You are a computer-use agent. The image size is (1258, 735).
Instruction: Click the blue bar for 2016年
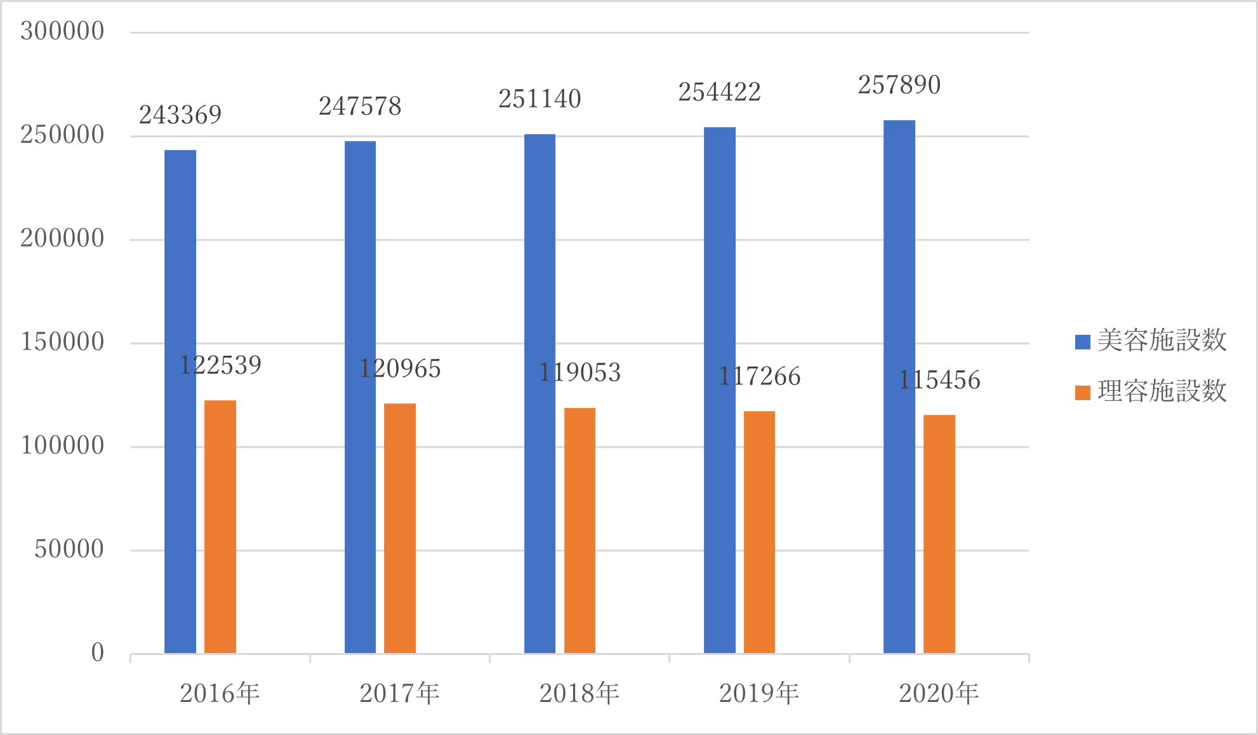click(180, 401)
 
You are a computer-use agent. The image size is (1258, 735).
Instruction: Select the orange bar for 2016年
click(220, 527)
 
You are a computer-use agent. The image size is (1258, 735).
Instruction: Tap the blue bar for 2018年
click(540, 394)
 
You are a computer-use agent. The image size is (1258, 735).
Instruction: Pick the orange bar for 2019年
click(759, 532)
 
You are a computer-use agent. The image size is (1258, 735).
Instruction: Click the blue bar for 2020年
click(899, 386)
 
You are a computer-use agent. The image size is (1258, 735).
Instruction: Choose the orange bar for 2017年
click(400, 529)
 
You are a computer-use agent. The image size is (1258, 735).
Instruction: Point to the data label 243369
click(180, 115)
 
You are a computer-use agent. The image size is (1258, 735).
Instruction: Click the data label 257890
click(899, 85)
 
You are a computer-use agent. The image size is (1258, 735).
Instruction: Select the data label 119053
click(579, 372)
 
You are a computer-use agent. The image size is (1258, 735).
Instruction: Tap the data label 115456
click(939, 380)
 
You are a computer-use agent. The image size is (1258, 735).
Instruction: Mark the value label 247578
click(360, 107)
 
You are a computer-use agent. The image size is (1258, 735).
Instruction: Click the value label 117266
click(760, 377)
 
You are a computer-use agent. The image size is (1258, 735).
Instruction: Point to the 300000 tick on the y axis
click(62, 31)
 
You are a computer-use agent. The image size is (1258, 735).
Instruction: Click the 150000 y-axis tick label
click(62, 342)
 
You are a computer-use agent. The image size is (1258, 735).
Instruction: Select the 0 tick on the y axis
click(98, 652)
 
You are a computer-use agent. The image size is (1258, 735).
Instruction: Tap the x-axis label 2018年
click(579, 693)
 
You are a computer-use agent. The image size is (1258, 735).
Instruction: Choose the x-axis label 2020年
click(939, 693)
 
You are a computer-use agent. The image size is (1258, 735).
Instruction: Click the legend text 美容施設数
click(1162, 341)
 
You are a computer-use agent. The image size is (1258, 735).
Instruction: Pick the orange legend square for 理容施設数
click(1082, 393)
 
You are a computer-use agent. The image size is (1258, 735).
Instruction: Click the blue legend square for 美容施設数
click(1082, 342)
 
